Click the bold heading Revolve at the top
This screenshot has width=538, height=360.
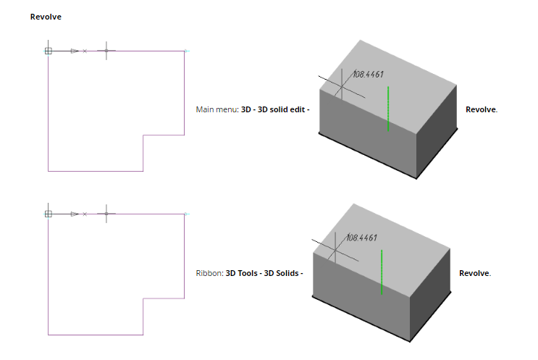46,17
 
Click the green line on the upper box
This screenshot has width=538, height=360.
389,109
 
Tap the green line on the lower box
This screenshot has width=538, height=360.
382,273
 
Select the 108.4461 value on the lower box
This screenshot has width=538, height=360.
361,237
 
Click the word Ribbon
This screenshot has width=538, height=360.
209,274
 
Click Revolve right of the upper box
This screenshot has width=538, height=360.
481,110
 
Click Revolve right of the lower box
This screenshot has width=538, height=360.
474,274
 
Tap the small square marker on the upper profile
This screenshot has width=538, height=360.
49,51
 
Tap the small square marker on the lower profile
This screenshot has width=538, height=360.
49,214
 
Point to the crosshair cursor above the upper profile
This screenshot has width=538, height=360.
106,51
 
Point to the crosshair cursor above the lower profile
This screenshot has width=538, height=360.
106,214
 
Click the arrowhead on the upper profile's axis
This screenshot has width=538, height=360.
75,51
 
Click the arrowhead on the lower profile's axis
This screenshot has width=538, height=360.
75,214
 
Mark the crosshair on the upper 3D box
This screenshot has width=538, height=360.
341,87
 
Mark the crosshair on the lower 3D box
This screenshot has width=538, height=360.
335,251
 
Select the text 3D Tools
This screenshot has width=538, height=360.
242,274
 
